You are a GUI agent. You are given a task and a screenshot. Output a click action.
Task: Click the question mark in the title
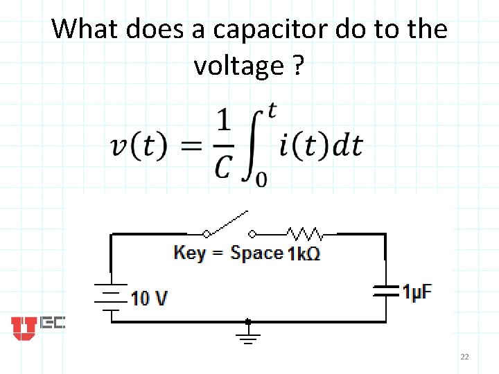pos(297,66)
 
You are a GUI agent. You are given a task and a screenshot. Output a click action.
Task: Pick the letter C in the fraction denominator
pos(222,166)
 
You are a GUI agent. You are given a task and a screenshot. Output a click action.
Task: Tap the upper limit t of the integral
pos(272,109)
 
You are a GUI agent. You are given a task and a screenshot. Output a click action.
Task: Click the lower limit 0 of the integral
pos(261,180)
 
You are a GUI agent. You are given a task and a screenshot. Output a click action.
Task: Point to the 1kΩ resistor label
pos(304,253)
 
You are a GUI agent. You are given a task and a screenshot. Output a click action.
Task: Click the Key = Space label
pos(228,253)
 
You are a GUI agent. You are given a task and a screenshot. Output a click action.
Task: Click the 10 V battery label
pos(149,299)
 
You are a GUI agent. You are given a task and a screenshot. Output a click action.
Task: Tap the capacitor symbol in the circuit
pos(385,291)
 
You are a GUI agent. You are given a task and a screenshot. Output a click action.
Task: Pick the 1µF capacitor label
pos(417,292)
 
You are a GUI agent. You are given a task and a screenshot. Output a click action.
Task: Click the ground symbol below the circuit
pos(248,336)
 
